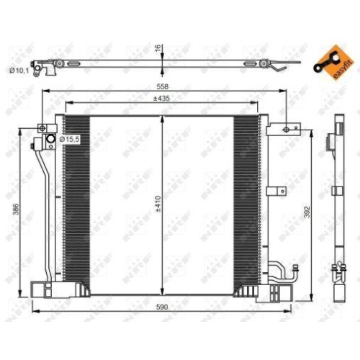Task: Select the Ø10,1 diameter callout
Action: tap(18, 70)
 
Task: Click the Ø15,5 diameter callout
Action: tap(69, 138)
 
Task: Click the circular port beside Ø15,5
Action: tap(51, 138)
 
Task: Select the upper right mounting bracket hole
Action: tap(286, 130)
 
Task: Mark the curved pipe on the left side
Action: tap(43, 209)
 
